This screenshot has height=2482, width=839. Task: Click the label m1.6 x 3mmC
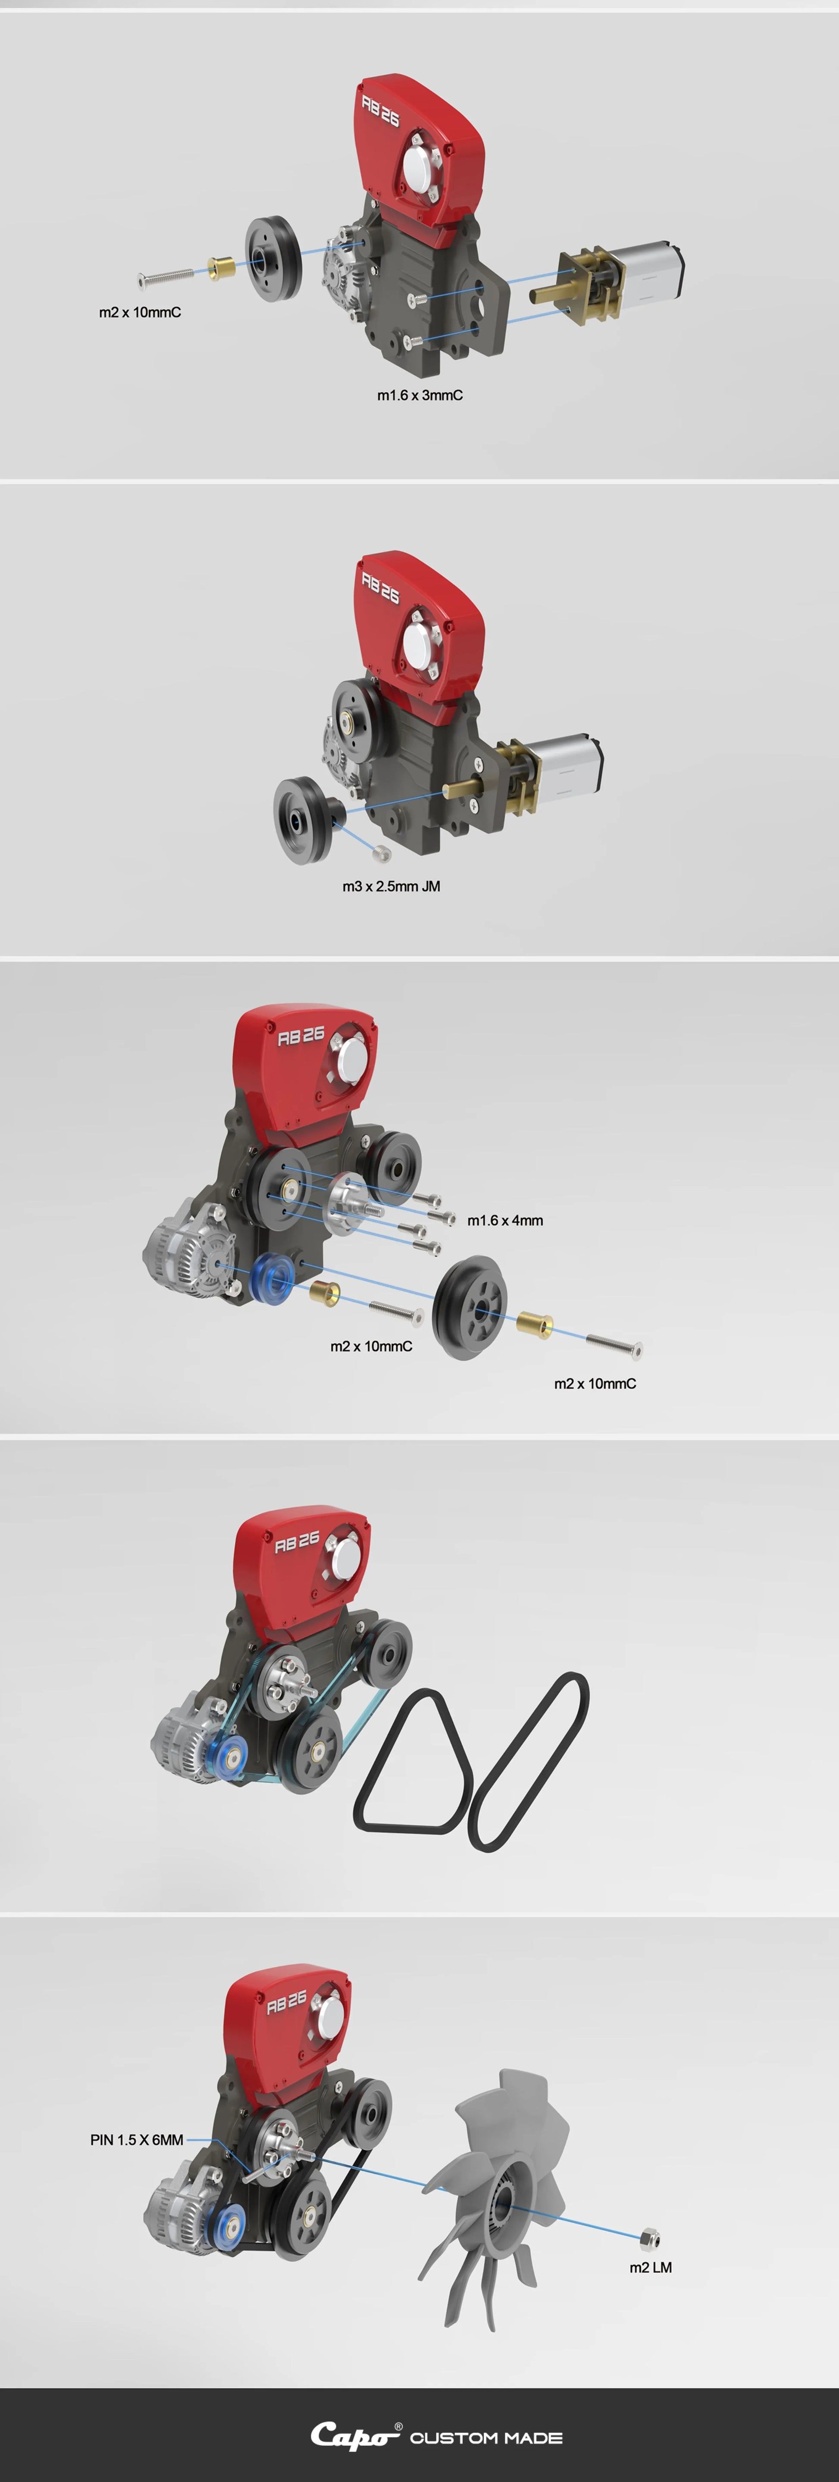(x=420, y=395)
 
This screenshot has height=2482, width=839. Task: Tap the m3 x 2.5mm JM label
(x=391, y=887)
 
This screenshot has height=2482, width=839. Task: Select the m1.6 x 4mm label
(x=505, y=1221)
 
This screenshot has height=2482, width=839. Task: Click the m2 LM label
(x=650, y=2267)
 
